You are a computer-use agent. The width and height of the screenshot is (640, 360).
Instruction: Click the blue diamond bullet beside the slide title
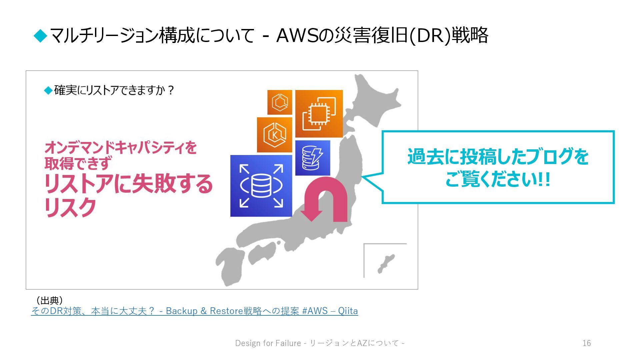(x=41, y=36)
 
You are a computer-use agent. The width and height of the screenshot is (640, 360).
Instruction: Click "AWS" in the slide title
(x=297, y=36)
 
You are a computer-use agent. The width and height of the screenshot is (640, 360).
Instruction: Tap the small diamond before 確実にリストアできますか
(x=48, y=90)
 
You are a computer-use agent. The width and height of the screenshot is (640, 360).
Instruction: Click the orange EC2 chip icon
(x=319, y=114)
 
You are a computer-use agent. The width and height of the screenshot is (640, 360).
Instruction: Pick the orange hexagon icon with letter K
(x=275, y=135)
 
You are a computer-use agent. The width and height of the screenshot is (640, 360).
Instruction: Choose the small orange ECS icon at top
(x=280, y=102)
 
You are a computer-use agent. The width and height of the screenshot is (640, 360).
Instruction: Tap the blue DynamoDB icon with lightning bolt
(x=313, y=158)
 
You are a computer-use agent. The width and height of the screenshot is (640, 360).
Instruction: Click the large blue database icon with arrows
(x=261, y=186)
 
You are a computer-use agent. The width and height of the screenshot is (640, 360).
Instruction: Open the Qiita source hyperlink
(x=194, y=311)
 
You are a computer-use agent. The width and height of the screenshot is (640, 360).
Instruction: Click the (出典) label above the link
(x=49, y=300)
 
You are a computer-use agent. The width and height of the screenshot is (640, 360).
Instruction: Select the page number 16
(x=587, y=343)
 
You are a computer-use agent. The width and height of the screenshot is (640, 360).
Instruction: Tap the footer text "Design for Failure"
(x=268, y=343)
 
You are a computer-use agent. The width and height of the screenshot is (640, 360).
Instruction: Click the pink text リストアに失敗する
(x=129, y=184)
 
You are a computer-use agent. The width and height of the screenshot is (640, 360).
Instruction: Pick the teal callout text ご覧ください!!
(x=498, y=180)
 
